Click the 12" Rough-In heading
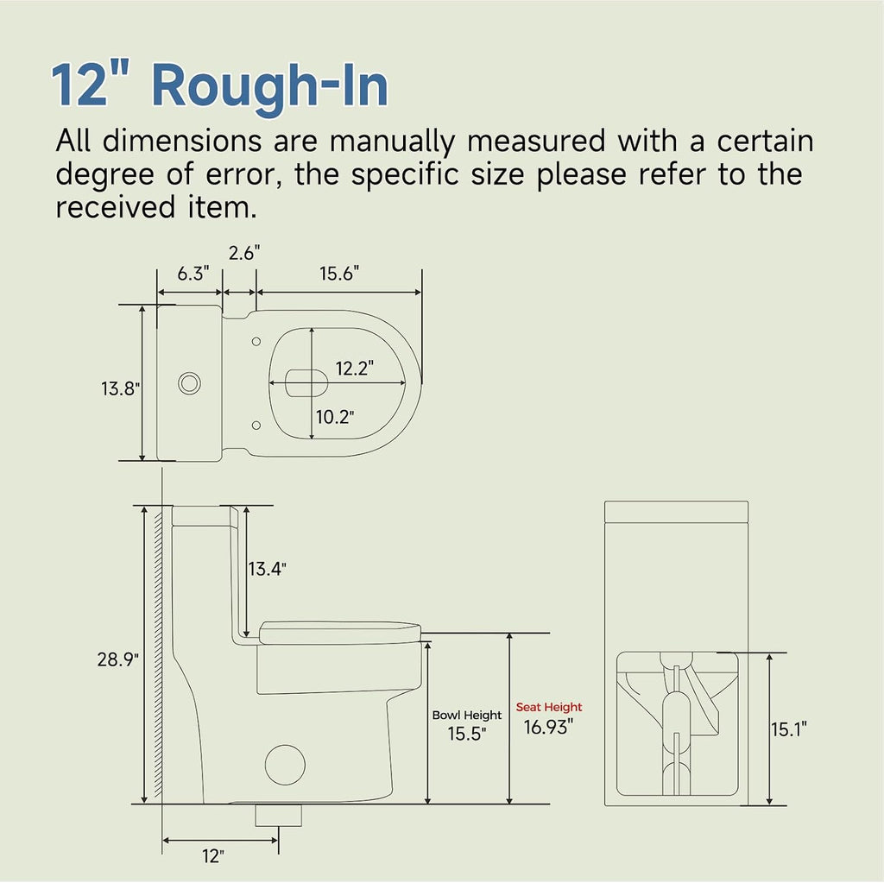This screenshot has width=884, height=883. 220,85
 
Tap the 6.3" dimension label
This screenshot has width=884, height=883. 193,274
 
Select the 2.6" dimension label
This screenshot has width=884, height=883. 244,253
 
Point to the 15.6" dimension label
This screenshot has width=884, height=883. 339,274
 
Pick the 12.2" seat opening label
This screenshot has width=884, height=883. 355,369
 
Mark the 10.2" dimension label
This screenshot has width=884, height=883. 335,417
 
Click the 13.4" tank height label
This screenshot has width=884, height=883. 268,569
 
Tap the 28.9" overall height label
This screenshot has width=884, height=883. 117,659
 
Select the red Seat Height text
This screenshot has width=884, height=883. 549,707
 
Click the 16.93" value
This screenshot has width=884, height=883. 548,728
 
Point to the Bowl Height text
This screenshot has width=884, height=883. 467,715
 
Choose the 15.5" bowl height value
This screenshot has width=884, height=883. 467,734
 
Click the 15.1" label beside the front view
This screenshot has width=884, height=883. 789,729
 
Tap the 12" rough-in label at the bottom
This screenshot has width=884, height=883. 213,856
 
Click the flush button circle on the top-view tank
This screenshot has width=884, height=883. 189,383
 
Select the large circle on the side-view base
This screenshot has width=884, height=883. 285,765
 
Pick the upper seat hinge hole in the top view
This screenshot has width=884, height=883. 256,342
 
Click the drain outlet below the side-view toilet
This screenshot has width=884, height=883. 279,816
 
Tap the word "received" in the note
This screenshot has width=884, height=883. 116,207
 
